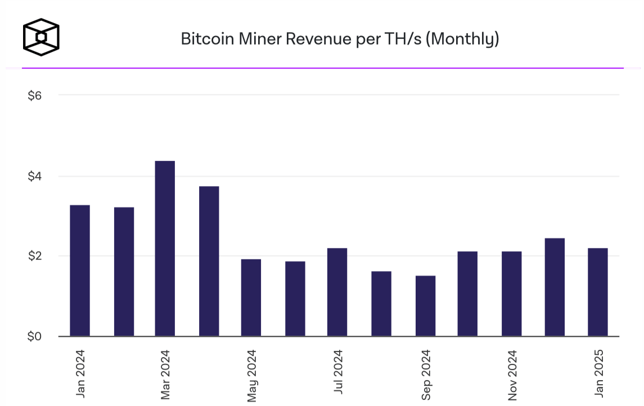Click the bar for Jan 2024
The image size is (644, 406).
tap(80, 270)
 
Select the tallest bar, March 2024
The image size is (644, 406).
tap(165, 249)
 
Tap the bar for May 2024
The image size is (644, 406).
tap(251, 297)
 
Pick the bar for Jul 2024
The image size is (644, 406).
tap(337, 292)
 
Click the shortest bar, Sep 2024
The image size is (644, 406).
tap(425, 306)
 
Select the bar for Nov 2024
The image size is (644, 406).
tap(511, 294)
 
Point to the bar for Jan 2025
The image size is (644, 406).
tap(598, 292)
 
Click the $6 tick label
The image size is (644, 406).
tap(35, 96)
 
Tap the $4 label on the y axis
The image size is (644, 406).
tap(35, 177)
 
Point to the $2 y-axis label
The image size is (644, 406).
tap(35, 256)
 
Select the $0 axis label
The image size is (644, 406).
tap(35, 337)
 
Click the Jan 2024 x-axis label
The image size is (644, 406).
tap(80, 372)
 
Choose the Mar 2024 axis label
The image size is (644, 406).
tap(165, 374)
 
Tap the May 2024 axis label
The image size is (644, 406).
tap(251, 375)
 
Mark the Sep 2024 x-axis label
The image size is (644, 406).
tap(426, 375)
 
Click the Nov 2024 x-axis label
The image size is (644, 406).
tap(512, 375)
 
